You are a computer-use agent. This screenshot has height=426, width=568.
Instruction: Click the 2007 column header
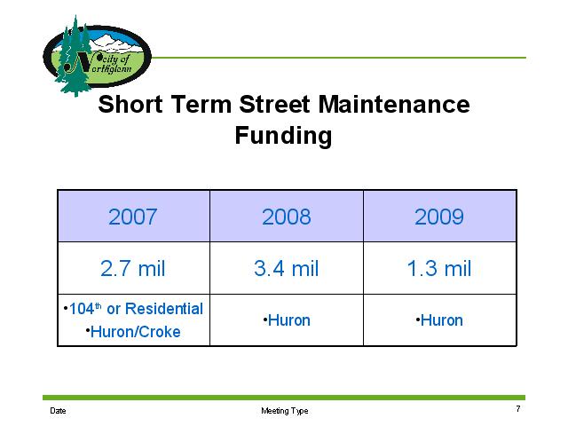pyautogui.click(x=132, y=217)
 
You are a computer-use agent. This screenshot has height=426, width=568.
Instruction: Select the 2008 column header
pyautogui.click(x=286, y=217)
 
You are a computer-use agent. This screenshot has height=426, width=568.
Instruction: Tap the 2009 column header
pyautogui.click(x=439, y=217)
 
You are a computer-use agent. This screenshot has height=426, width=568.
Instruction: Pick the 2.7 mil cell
pyautogui.click(x=132, y=268)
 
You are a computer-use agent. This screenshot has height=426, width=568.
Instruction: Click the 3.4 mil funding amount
pyautogui.click(x=286, y=268)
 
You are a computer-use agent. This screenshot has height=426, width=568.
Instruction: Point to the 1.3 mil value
pyautogui.click(x=439, y=268)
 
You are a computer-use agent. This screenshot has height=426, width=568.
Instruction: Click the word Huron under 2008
pyautogui.click(x=289, y=320)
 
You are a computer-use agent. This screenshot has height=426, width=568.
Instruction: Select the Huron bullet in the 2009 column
pyautogui.click(x=442, y=320)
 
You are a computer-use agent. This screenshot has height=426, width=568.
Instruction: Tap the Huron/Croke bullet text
pyautogui.click(x=135, y=332)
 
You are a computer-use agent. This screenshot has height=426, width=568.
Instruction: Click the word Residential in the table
pyautogui.click(x=164, y=309)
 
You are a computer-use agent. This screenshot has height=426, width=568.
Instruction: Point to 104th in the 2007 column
pyautogui.click(x=85, y=309)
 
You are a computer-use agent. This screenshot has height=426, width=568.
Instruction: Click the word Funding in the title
pyautogui.click(x=283, y=136)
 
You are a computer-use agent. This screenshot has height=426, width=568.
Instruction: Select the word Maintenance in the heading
pyautogui.click(x=394, y=105)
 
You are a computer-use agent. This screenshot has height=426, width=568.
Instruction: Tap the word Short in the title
pyautogui.click(x=130, y=105)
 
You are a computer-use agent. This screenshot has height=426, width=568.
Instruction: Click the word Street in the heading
pyautogui.click(x=274, y=105)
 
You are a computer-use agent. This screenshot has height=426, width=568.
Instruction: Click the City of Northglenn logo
pyautogui.click(x=97, y=56)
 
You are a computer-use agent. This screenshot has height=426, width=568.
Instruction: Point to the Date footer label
pyautogui.click(x=58, y=411)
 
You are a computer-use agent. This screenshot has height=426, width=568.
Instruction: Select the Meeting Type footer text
pyautogui.click(x=285, y=411)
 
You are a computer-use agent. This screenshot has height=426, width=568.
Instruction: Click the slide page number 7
pyautogui.click(x=518, y=408)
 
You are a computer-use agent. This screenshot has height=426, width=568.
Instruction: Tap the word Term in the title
pyautogui.click(x=201, y=105)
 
